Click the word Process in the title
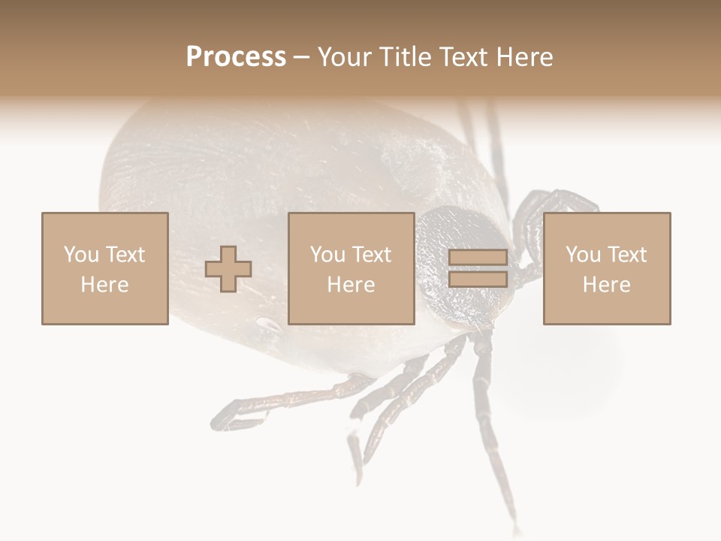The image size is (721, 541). coord(236,57)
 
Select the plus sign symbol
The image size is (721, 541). coord(228,269)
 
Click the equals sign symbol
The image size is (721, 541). coord(478,268)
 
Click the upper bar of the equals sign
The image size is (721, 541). coord(478,258)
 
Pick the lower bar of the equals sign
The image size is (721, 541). coord(478,279)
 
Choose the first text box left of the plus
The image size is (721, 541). coord(105,268)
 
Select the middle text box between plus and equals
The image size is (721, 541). coord(351,268)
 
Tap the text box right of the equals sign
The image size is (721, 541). coord(607,268)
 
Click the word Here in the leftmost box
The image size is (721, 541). coord(104,285)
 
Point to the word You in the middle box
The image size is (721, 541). coord(327,255)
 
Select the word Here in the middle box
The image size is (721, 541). coord(351,285)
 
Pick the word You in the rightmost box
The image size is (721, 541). coord(583,255)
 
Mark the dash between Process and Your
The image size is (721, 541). coord(301,58)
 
